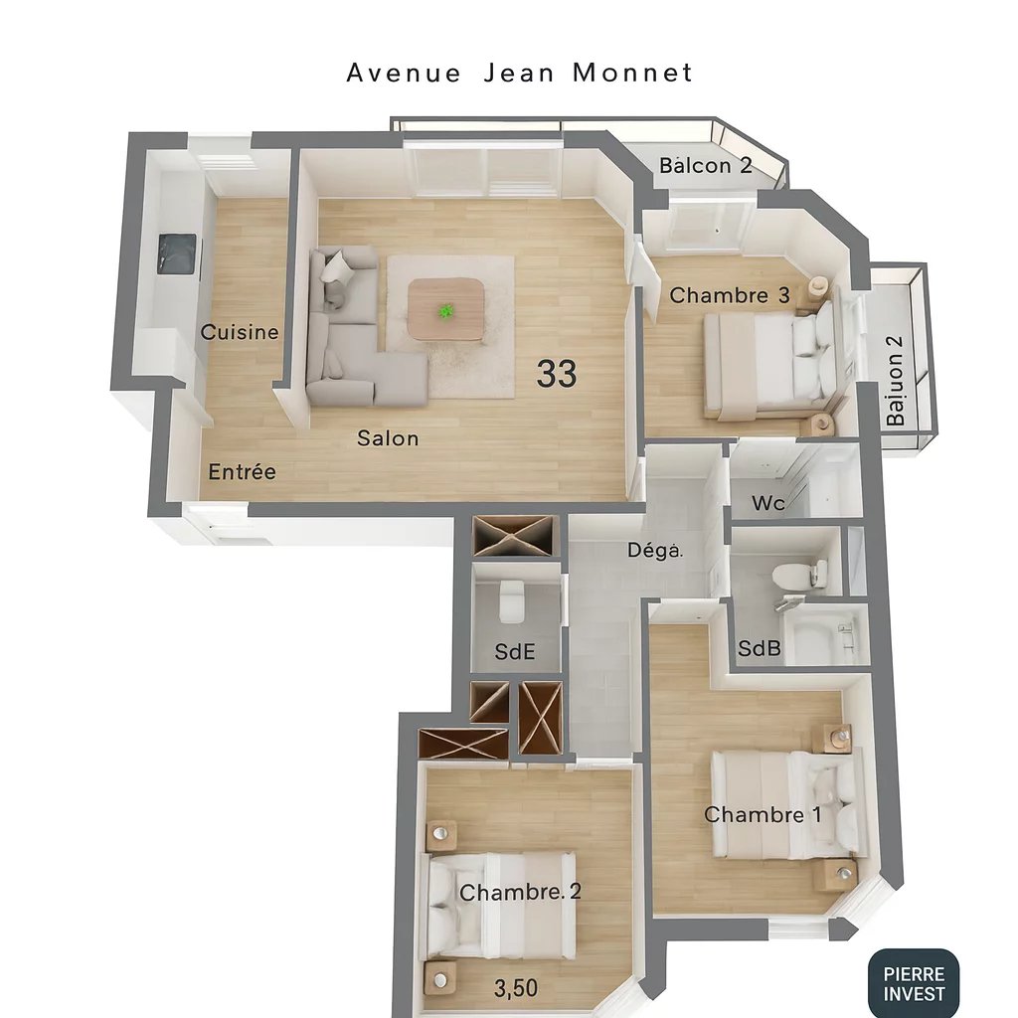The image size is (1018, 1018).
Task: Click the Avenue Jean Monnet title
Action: pyautogui.click(x=519, y=73)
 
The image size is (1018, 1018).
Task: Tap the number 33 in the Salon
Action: pyautogui.click(x=557, y=374)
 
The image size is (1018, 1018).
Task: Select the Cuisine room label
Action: pyautogui.click(x=240, y=332)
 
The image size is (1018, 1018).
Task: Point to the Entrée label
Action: pyautogui.click(x=242, y=472)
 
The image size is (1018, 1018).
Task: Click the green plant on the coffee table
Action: pyautogui.click(x=446, y=311)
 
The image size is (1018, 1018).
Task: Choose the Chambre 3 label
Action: pyautogui.click(x=731, y=295)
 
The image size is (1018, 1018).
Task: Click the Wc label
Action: pyautogui.click(x=767, y=504)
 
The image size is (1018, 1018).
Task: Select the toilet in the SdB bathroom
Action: pyautogui.click(x=801, y=574)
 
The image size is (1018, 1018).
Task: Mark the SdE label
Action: pyautogui.click(x=515, y=652)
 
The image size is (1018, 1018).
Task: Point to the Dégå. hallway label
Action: pyautogui.click(x=655, y=550)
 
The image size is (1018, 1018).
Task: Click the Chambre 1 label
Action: pyautogui.click(x=763, y=815)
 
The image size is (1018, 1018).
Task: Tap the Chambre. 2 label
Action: pyautogui.click(x=520, y=893)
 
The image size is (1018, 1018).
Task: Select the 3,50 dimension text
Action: pyautogui.click(x=516, y=988)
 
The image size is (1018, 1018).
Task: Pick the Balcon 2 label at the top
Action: pyautogui.click(x=706, y=165)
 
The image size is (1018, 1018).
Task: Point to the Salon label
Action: pyautogui.click(x=388, y=437)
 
